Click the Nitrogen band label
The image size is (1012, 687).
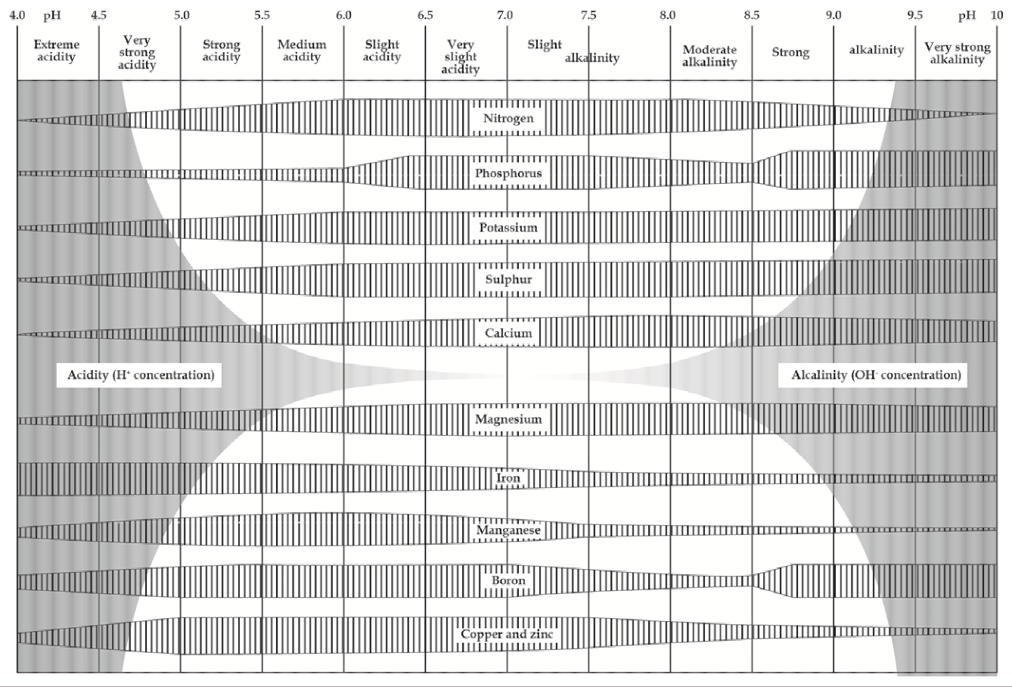(508, 118)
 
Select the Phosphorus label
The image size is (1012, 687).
(508, 173)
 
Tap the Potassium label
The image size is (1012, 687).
(508, 227)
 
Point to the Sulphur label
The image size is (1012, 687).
(508, 279)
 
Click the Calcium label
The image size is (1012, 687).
(508, 333)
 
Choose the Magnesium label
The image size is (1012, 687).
(508, 419)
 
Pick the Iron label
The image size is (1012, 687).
(508, 477)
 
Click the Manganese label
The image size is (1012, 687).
(508, 530)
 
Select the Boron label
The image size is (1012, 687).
(508, 580)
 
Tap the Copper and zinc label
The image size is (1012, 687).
(507, 634)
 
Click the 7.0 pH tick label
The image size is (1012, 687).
(505, 15)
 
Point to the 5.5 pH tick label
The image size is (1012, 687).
(262, 15)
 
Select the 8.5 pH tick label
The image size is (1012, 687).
(752, 15)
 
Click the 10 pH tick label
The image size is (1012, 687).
(997, 15)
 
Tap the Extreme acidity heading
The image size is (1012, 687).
(57, 51)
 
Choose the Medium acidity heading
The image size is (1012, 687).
(302, 51)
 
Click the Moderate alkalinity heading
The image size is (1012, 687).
(709, 55)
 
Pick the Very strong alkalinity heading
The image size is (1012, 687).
(958, 53)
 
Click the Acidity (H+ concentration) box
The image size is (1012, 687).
(139, 375)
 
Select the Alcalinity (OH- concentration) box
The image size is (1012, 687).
(873, 375)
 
